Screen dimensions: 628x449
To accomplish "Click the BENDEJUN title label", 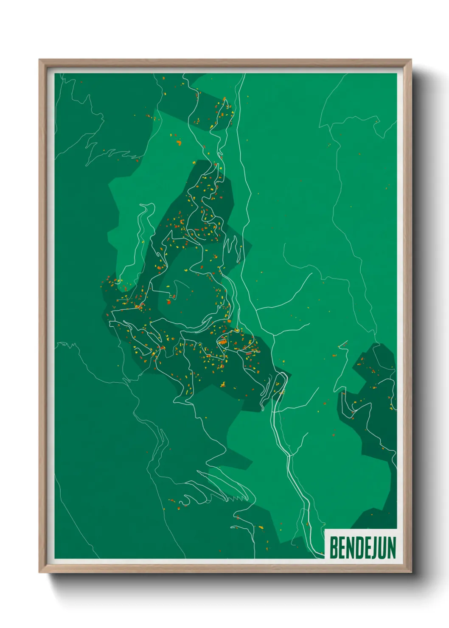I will (x=362, y=547).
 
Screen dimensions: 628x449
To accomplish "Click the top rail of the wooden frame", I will (x=225, y=63).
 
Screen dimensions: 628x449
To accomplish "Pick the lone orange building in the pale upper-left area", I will (x=179, y=143).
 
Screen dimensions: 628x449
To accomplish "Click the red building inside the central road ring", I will (x=168, y=302).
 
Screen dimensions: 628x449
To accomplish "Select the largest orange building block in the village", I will (x=222, y=340).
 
